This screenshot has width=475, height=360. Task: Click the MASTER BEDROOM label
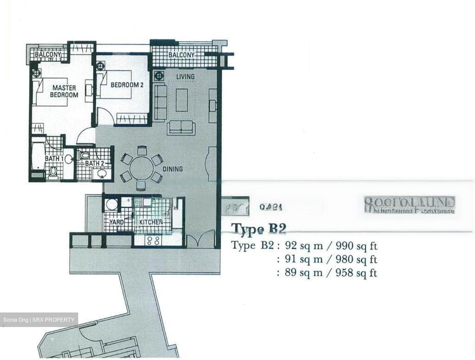point(64,91)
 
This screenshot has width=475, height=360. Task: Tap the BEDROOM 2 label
point(127,85)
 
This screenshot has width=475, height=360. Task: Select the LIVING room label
point(185,77)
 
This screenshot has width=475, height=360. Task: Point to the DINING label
point(173,169)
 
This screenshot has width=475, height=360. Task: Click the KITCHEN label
point(151,222)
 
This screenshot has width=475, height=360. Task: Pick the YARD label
point(116,222)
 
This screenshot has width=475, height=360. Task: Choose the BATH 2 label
point(95,163)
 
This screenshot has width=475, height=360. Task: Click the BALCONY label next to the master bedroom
point(48,54)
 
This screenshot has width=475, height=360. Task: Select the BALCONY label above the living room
point(181,55)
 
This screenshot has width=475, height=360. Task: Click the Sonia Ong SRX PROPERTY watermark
point(39,320)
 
